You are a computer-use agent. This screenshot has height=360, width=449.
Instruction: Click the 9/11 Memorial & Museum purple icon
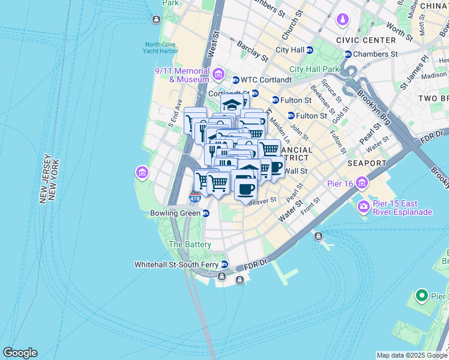(218, 74)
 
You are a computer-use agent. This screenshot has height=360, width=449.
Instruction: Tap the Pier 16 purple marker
(362, 182)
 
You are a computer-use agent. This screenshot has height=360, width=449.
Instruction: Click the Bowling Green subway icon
(206, 213)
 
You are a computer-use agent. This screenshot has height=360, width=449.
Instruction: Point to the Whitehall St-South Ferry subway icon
(224, 264)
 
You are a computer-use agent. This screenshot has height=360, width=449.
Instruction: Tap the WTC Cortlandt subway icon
(236, 80)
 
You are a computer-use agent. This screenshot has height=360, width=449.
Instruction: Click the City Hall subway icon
(310, 50)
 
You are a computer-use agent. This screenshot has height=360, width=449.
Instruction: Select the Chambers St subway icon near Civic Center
(347, 54)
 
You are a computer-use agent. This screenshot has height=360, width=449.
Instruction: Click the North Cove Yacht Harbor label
(161, 47)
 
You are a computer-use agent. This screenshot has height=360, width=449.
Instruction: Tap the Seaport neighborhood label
(366, 163)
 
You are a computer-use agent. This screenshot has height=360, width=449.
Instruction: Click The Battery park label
(190, 245)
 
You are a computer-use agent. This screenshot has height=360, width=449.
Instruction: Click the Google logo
(20, 353)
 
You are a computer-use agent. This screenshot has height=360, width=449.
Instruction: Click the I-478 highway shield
(194, 197)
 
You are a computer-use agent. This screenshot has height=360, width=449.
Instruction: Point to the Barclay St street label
(252, 52)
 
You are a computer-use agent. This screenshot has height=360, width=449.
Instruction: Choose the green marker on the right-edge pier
(421, 296)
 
